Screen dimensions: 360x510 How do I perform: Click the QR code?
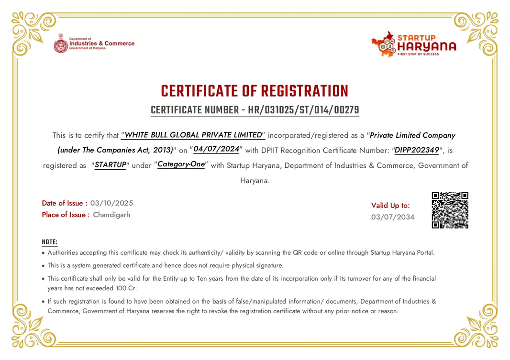coord(450,210)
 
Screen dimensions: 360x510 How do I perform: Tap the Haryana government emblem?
coord(61,43)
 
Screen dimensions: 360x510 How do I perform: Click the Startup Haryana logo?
coord(413,44)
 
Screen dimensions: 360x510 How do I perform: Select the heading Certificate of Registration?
coord(255,91)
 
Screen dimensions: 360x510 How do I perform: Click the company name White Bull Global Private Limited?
coord(193,135)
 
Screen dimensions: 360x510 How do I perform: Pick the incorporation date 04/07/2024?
coord(216,149)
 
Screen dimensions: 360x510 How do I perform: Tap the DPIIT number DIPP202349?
coord(417,150)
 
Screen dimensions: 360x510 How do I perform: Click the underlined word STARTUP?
coord(110,165)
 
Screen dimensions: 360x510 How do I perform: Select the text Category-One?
coord(181,164)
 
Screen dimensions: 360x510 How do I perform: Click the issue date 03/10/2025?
coord(111,203)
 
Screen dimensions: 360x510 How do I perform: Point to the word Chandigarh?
coord(111,215)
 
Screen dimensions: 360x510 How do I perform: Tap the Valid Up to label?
coord(390,206)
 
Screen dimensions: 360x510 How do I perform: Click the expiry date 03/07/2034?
coord(393,217)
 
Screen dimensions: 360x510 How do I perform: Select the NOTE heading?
coord(49,242)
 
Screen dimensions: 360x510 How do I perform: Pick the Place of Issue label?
coord(66,215)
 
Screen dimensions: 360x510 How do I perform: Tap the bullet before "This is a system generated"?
coord(44,266)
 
